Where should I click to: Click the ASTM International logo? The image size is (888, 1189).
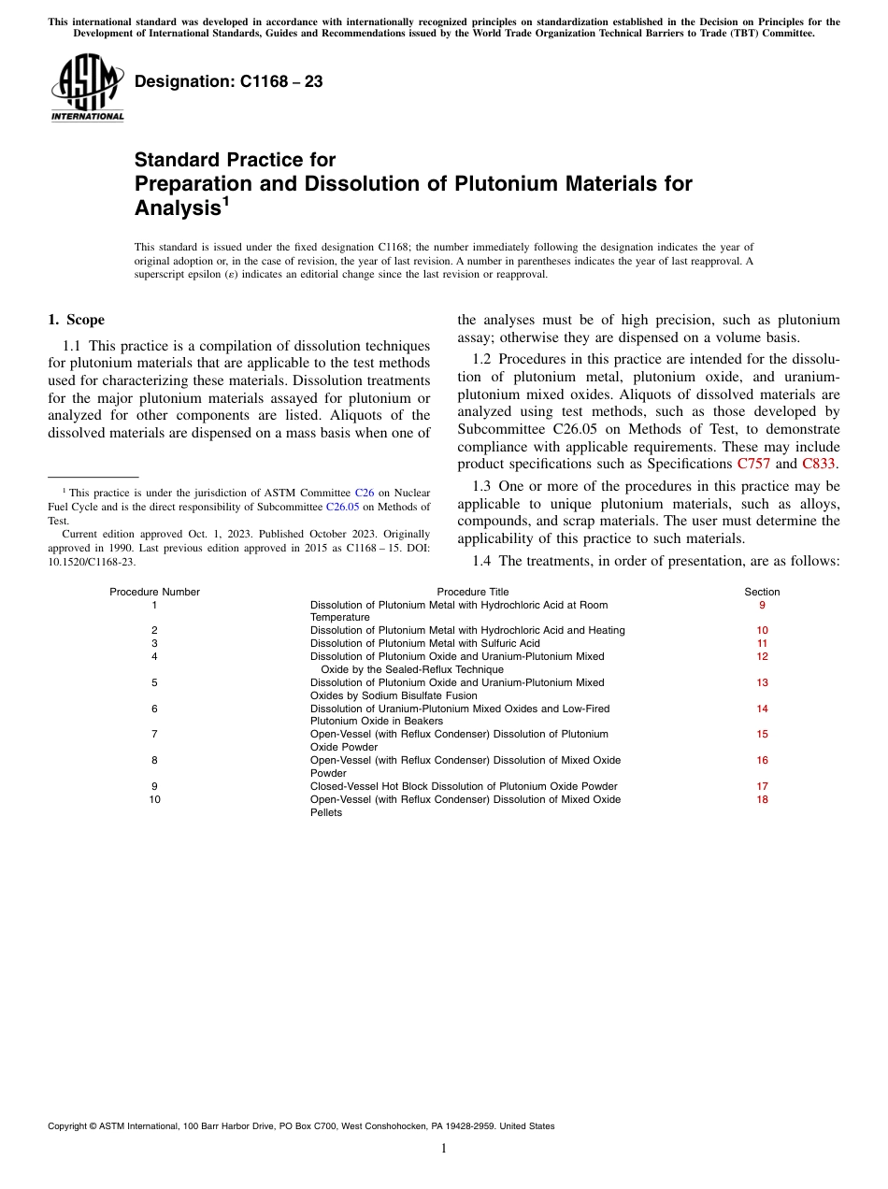86,87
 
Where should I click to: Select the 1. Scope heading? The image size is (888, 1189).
76,320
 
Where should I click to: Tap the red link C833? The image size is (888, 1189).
819,464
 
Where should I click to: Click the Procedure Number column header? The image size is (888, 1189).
154,592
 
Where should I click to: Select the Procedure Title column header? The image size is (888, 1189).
473,592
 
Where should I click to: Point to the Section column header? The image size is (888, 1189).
762,592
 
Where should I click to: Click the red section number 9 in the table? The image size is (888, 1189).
762,605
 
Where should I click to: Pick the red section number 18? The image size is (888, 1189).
762,800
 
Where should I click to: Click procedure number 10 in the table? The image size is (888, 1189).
154,800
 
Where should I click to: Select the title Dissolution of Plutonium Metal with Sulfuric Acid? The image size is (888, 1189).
424,644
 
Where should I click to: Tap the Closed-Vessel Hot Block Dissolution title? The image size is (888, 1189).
464,787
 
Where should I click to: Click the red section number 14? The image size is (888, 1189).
762,709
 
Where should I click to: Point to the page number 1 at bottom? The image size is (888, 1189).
444,1149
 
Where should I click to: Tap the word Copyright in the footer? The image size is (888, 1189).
70,1126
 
